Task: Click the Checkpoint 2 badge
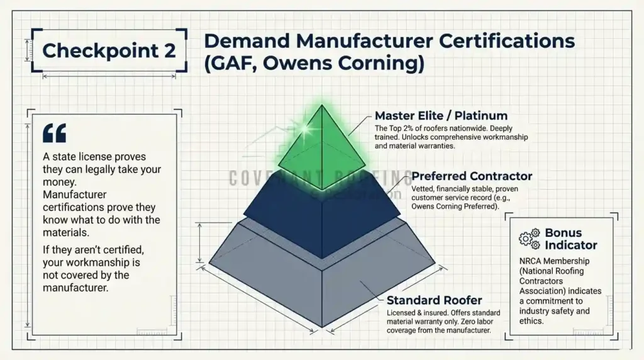[x=109, y=50]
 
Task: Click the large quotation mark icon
[x=54, y=133]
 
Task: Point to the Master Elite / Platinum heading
[x=441, y=116]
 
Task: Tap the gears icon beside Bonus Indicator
[x=529, y=238]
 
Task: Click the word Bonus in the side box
[x=563, y=233]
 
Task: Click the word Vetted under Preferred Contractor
[x=423, y=189]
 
